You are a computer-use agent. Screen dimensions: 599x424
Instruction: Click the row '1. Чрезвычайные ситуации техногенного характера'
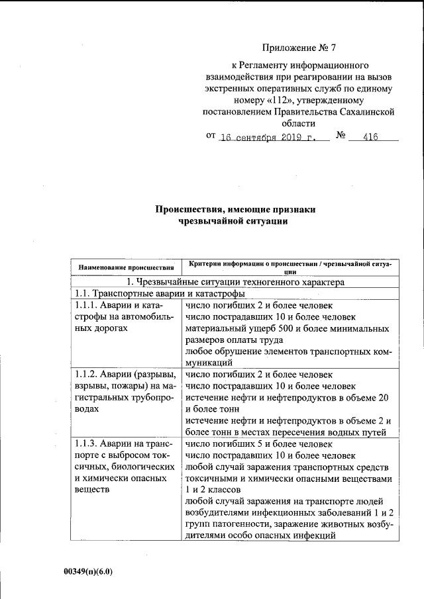click(x=236, y=281)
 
